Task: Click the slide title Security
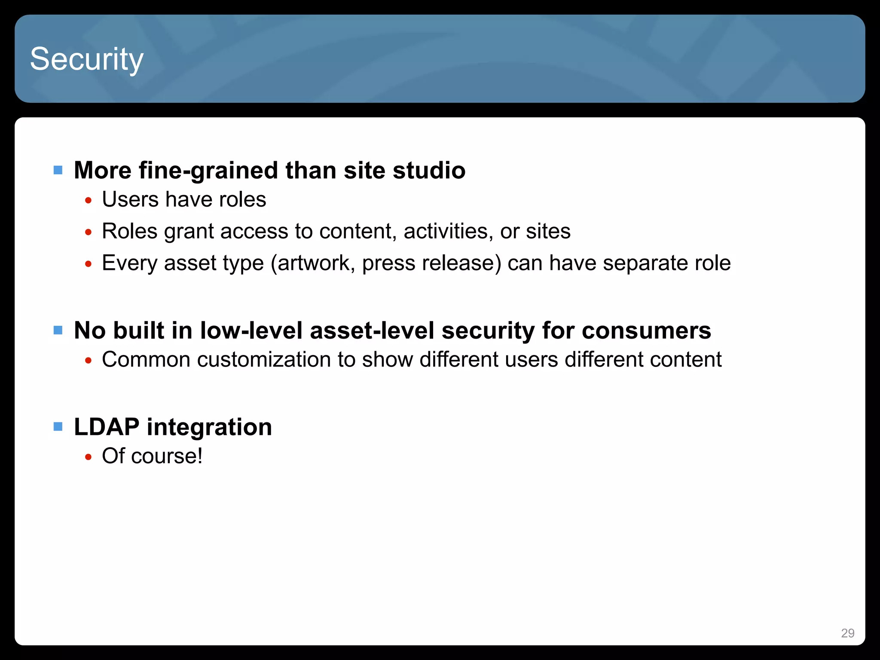86,59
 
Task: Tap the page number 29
847,633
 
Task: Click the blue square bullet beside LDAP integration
58,427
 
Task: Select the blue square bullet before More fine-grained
58,170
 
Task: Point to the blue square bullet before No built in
58,330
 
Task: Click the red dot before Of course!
89,457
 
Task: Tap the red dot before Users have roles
89,201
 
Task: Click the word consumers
647,331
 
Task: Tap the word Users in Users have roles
130,199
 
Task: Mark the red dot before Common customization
89,361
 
